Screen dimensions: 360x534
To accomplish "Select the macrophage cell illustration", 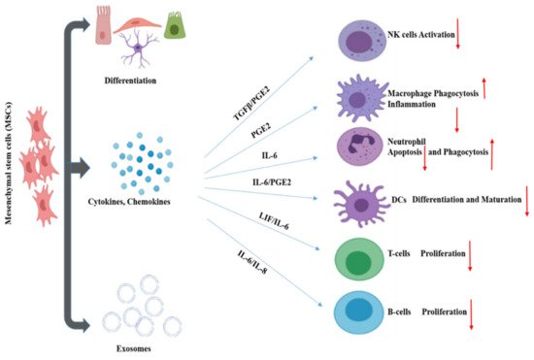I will (x=360, y=101).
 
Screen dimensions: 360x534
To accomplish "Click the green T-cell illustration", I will (x=362, y=261).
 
